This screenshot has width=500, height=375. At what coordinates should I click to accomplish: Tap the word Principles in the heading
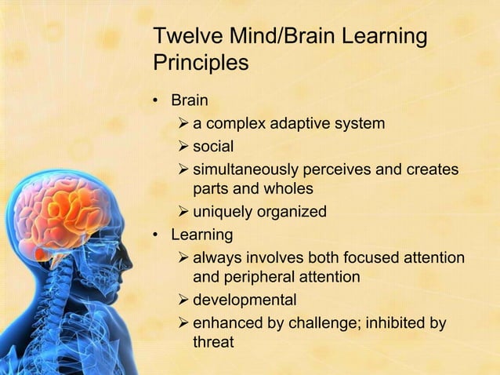(x=201, y=62)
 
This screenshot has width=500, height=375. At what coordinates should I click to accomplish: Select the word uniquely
(x=222, y=212)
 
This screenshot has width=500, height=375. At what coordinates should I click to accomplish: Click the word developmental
(x=245, y=300)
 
